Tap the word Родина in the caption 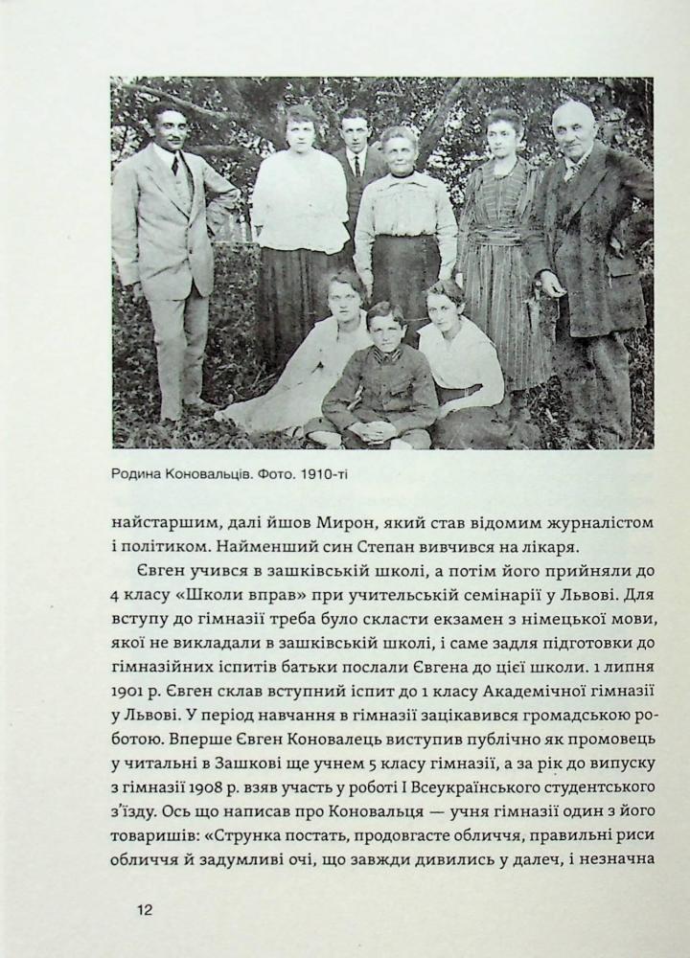(x=139, y=473)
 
